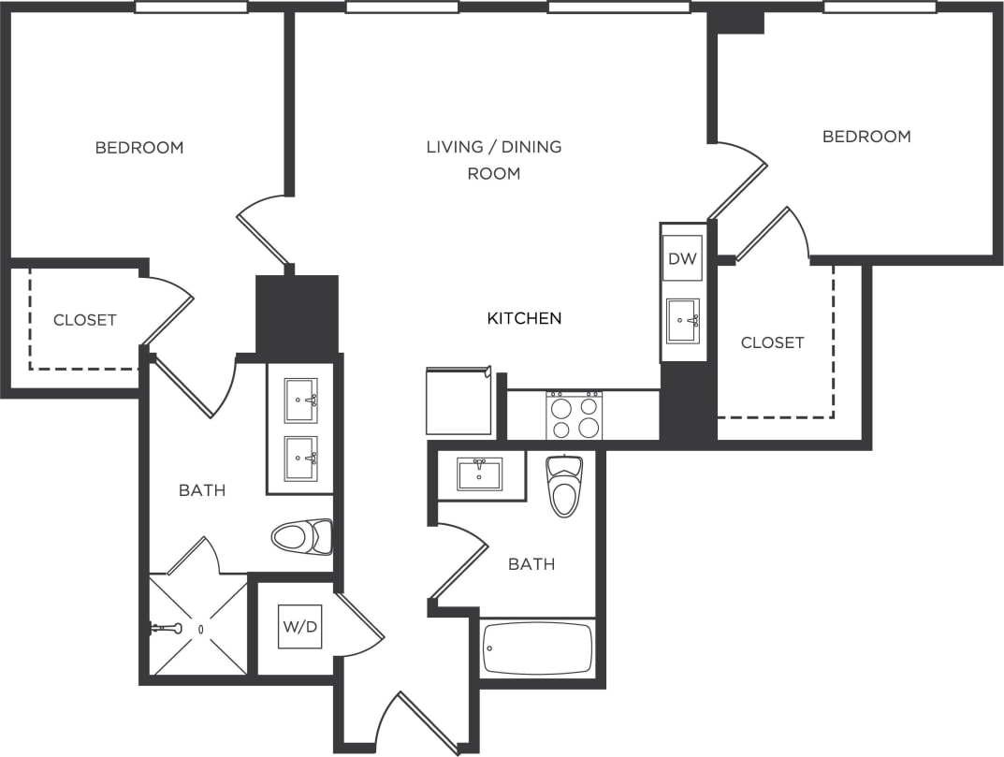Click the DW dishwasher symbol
point(682,258)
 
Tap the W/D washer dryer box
point(299,627)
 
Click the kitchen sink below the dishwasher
point(682,321)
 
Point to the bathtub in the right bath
point(538,648)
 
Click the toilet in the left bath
point(301,537)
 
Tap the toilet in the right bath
point(564,485)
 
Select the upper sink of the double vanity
point(300,400)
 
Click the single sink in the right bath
point(479,473)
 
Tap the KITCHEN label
point(524,318)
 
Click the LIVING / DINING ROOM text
point(494,159)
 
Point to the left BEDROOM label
point(139,148)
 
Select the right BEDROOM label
point(866,137)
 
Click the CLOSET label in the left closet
point(85,320)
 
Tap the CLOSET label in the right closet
point(772,342)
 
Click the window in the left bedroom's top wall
point(191,7)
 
